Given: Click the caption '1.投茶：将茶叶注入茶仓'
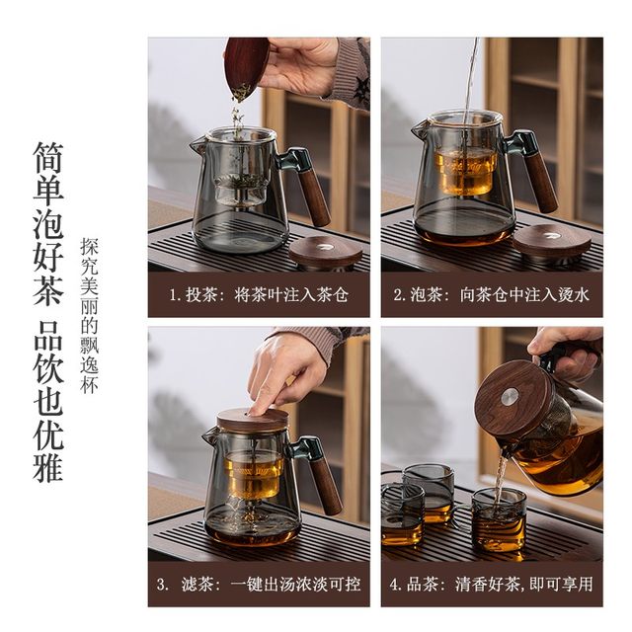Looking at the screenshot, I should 259,294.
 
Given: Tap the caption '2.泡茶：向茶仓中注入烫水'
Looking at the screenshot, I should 492,294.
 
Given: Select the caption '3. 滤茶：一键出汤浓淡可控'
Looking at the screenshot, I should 259,584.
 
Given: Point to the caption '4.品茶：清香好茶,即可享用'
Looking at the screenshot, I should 492,584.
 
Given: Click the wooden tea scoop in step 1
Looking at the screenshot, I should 245,65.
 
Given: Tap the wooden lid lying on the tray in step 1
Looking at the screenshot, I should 326,250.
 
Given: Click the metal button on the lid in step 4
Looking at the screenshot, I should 507,397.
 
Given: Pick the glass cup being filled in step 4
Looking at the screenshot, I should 499,519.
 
